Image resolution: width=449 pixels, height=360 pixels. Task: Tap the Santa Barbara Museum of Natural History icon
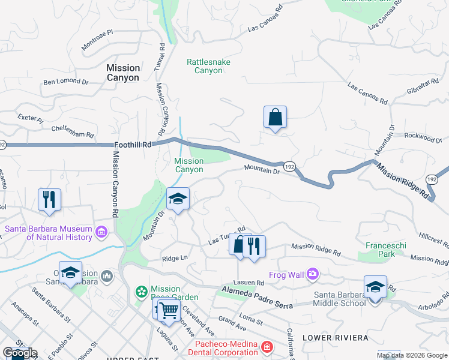click(101, 231)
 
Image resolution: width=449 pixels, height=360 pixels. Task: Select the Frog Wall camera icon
click(312, 274)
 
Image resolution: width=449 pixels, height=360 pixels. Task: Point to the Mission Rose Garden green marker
click(142, 292)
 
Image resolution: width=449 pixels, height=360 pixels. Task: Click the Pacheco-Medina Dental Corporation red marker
click(267, 347)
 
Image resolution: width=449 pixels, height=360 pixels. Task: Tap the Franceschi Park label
click(381, 250)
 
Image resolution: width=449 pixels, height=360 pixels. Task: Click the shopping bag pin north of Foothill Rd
click(275, 118)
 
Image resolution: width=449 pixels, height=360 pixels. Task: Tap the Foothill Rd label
click(133, 145)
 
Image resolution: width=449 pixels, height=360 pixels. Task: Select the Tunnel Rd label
click(160, 58)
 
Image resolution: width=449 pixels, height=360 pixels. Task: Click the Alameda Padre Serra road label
click(256, 298)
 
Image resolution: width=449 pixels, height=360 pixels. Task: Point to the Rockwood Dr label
click(423, 138)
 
